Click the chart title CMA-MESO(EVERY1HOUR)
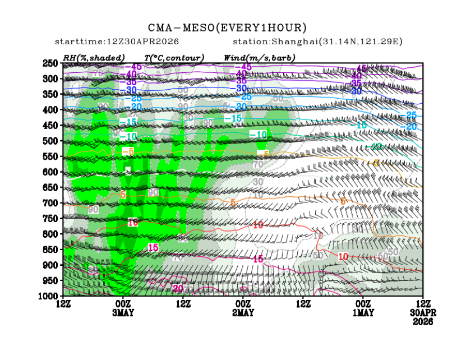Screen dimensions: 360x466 pos(228,27)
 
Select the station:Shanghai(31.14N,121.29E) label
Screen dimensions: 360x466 pos(317,42)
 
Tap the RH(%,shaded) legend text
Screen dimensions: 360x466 pos(94,58)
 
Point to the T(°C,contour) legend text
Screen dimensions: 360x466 pos(174,58)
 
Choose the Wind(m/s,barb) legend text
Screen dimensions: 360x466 pos(260,58)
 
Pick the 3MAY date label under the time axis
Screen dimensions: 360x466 pos(123,312)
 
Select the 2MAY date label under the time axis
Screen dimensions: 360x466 pos(243,312)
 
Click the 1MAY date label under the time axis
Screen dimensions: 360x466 pos(363,312)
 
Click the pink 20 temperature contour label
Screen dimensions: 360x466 pos(178,289)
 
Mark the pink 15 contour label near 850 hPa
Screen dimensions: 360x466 pos(153,247)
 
